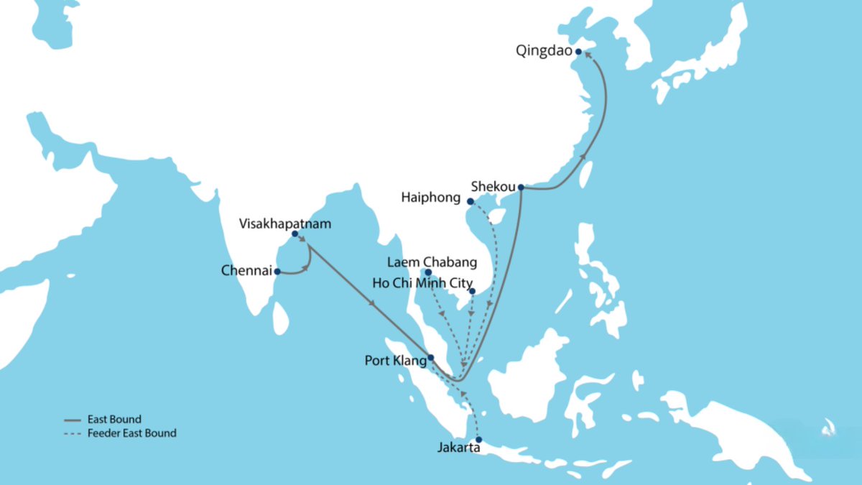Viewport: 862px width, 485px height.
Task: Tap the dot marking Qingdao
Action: coord(578,51)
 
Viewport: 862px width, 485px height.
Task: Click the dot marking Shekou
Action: coord(521,188)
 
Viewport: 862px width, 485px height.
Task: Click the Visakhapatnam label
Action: coord(285,223)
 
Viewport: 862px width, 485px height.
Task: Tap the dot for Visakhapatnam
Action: coord(295,234)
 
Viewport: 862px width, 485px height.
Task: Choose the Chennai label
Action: coord(247,271)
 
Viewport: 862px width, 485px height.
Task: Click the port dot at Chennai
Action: coord(277,272)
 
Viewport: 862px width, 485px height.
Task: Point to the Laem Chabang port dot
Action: coord(427,272)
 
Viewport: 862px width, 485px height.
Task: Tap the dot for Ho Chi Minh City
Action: coord(472,291)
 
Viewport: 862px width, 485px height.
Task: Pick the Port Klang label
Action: coord(395,361)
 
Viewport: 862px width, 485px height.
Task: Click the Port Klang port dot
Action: coord(430,357)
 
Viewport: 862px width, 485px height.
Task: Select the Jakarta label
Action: coord(459,448)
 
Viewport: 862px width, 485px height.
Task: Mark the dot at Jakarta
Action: coord(479,440)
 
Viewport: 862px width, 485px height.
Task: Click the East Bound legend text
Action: coord(114,419)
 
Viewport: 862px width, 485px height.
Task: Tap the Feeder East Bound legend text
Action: coord(131,433)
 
